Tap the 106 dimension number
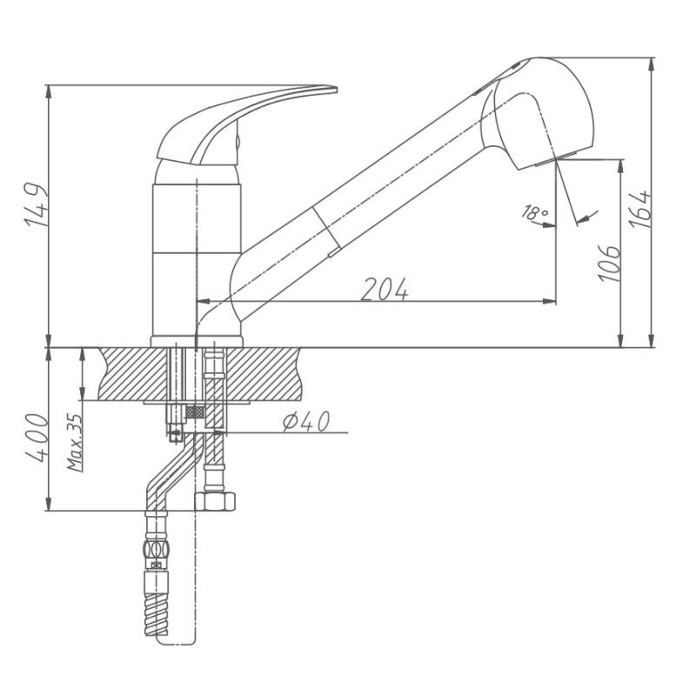609,262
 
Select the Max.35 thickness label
75,441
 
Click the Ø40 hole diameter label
304,422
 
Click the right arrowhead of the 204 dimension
550,301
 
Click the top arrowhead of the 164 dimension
652,63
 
